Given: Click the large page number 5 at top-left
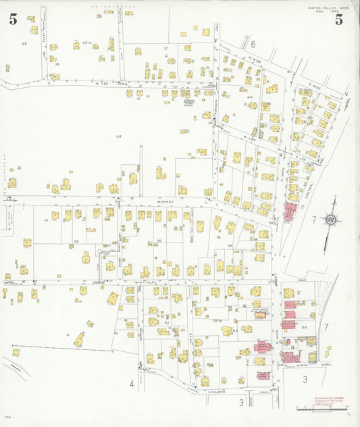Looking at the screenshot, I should pyautogui.click(x=14, y=20).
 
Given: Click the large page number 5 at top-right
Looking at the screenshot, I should pyautogui.click(x=339, y=20).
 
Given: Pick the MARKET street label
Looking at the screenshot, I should pyautogui.click(x=166, y=201).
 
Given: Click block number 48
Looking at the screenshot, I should pyautogui.click(x=119, y=136).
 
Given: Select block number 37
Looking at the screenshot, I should pyautogui.click(x=165, y=49).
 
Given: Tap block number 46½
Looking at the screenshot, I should pyautogui.click(x=86, y=43).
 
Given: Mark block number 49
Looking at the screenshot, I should pyautogui.click(x=249, y=97).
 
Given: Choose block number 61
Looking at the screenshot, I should pyautogui.click(x=68, y=334).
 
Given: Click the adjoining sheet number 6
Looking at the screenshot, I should pyautogui.click(x=253, y=44).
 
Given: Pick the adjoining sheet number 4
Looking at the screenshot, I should pyautogui.click(x=131, y=384).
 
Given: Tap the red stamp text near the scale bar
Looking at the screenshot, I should pyautogui.click(x=329, y=400).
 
